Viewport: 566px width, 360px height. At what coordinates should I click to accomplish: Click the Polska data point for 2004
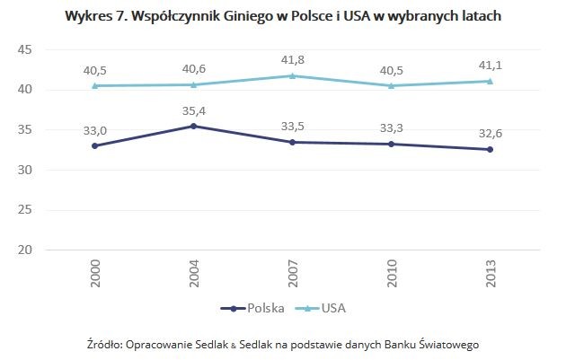(195, 126)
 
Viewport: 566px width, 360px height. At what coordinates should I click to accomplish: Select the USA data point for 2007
(293, 75)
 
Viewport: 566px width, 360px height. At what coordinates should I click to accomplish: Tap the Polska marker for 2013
(490, 149)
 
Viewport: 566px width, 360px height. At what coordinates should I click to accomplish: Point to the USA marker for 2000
(96, 85)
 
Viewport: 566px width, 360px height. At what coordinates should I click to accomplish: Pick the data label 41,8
(293, 59)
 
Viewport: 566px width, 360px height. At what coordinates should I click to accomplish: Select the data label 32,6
(490, 133)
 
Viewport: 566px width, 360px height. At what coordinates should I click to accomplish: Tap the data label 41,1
(490, 65)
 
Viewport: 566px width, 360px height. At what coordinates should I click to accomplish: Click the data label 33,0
(96, 129)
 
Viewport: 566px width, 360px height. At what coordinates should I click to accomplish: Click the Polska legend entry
(252, 308)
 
